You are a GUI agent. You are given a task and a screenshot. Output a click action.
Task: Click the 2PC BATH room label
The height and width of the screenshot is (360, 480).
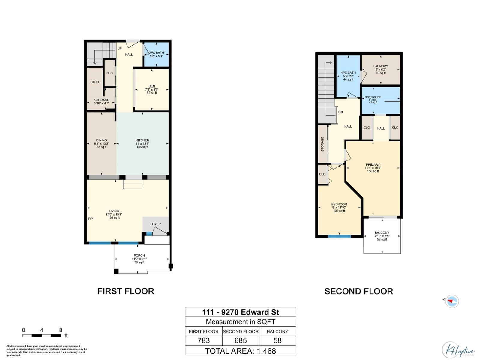(x=156, y=53)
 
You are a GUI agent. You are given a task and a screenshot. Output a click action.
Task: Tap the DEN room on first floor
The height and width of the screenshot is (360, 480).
(x=152, y=89)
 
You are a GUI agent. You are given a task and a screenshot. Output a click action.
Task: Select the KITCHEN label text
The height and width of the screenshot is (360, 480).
(x=142, y=140)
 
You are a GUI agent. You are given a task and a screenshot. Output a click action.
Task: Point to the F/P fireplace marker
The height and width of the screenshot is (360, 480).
(x=90, y=219)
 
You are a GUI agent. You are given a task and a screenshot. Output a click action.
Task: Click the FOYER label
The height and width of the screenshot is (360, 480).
(x=155, y=224)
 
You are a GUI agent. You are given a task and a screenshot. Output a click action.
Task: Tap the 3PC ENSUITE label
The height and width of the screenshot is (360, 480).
(x=373, y=97)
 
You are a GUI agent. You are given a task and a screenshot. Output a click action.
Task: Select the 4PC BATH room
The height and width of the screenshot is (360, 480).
(x=348, y=76)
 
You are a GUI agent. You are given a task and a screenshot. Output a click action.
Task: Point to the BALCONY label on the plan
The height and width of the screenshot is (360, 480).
(x=382, y=233)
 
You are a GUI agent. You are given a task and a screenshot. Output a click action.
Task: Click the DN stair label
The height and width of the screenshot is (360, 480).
(x=340, y=112)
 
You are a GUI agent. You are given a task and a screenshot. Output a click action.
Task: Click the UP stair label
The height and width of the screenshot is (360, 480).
(x=119, y=49)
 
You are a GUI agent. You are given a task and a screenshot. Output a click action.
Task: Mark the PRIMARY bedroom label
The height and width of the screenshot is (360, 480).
(x=373, y=165)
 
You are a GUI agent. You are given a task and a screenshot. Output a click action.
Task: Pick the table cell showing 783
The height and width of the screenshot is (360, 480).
(x=204, y=340)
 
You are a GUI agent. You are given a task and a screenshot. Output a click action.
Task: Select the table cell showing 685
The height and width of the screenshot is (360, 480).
(x=241, y=340)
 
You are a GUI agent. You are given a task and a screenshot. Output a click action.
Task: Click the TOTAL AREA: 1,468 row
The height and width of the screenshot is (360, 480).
(x=241, y=351)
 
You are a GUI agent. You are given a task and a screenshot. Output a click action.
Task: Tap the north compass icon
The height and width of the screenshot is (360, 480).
(x=452, y=301)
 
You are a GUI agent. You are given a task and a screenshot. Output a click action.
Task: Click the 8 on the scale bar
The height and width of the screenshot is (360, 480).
(x=61, y=330)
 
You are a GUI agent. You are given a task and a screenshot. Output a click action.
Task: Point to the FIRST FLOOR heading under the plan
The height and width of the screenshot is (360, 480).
(x=126, y=291)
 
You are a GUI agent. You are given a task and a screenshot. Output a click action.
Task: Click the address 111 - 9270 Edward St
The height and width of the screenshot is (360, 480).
(x=241, y=312)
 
